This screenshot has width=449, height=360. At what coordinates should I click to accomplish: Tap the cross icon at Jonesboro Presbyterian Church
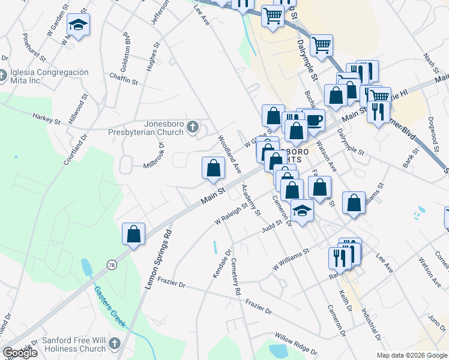pyautogui.click(x=193, y=127)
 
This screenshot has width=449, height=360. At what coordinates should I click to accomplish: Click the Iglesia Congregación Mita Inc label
pyautogui.click(x=49, y=76)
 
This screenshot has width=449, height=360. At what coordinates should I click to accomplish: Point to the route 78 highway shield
pyautogui.click(x=112, y=265)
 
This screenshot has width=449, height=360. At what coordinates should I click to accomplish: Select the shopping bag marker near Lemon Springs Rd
pyautogui.click(x=134, y=234)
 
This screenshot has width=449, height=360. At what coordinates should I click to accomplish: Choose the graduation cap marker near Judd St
pyautogui.click(x=302, y=211)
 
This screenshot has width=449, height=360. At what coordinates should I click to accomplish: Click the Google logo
pyautogui.click(x=20, y=353)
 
